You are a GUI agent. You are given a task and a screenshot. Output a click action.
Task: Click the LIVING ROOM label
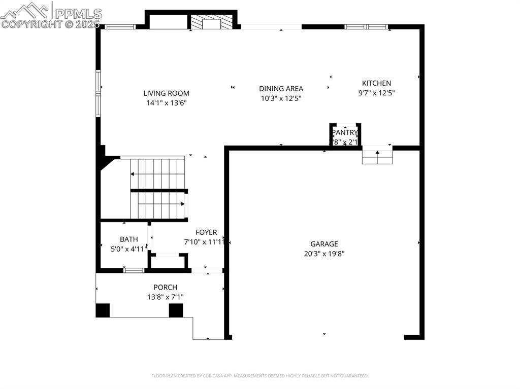pyautogui.click(x=166, y=93)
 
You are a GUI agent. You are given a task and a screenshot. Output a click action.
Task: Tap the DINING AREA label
pyautogui.click(x=281, y=89)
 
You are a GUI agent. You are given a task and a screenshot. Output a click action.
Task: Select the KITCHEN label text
pyautogui.click(x=376, y=83)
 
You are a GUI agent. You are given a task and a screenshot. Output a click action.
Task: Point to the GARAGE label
pyautogui.click(x=324, y=244)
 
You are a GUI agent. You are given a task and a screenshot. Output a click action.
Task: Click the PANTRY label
pyautogui.click(x=345, y=133)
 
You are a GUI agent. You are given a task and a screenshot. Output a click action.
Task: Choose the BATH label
pyautogui.click(x=128, y=239)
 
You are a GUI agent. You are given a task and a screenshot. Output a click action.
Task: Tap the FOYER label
pyautogui.click(x=206, y=233)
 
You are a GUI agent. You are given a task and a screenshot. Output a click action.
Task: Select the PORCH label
pyautogui.click(x=165, y=288)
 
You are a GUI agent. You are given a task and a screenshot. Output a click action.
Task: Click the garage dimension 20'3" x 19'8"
pyautogui.click(x=324, y=254)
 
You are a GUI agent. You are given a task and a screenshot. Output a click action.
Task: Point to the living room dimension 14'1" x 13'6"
pyautogui.click(x=166, y=103)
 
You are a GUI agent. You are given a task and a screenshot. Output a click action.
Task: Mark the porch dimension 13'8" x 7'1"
pyautogui.click(x=165, y=297)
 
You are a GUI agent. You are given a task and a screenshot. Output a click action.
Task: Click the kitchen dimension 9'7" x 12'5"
pyautogui.click(x=376, y=93)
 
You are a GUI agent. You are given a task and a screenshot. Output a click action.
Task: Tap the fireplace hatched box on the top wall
pyautogui.click(x=211, y=22)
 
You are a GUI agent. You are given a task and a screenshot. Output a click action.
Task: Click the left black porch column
pyautogui.click(x=103, y=310)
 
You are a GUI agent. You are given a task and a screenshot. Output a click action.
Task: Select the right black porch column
pyautogui.click(x=176, y=310)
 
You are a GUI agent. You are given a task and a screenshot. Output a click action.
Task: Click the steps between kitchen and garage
pyautogui.click(x=377, y=156)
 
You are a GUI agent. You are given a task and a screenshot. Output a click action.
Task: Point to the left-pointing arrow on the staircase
pyautogui.click(x=133, y=174)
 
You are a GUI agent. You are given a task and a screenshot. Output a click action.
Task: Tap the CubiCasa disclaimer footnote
pyautogui.click(x=259, y=376)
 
